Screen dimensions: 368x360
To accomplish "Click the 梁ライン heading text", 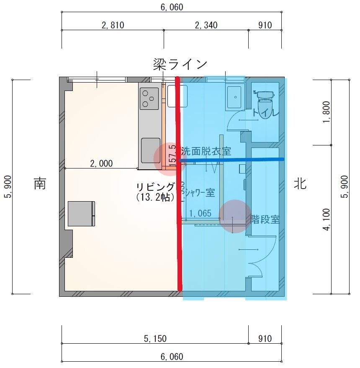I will pos(180,64).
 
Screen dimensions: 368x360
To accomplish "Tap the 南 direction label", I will pos(40,184).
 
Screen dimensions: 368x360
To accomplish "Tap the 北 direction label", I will pos(300,184).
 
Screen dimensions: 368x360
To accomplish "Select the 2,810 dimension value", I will pos(113,25).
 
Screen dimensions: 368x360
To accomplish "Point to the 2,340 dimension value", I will pos(206,25).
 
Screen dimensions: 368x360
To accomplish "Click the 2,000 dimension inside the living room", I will pos(101,163).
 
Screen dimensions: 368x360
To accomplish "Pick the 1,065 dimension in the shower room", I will pos(200,214).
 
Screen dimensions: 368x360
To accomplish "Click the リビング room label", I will pos(155,187).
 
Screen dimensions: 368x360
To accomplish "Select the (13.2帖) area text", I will pos(155,197).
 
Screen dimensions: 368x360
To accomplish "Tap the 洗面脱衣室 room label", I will pos(206,151).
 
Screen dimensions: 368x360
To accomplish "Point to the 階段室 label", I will pos(265,219).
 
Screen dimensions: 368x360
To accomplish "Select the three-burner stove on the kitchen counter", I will pos(149,99).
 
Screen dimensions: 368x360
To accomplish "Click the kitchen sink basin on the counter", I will pos(150,150).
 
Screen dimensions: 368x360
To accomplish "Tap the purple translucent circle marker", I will pos(235,216).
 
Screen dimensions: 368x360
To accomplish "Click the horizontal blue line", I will pos(232,160).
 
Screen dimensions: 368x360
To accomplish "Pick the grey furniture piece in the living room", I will pos(82,214).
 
